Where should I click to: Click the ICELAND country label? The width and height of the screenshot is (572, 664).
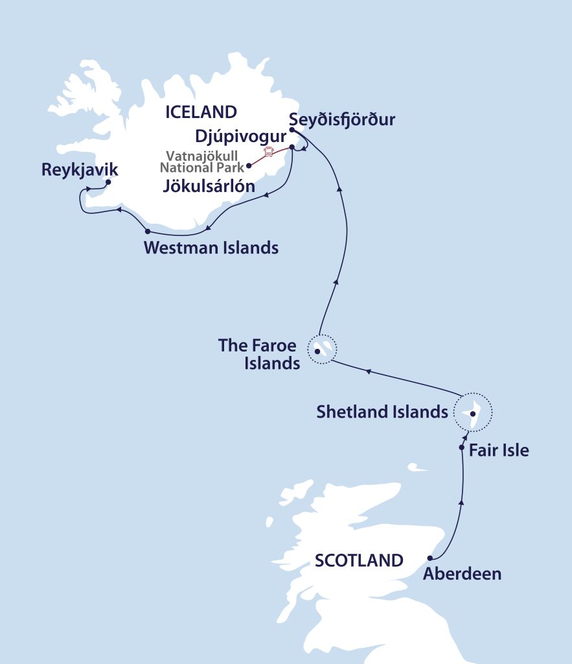[201, 112]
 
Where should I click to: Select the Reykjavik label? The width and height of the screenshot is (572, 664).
[80, 171]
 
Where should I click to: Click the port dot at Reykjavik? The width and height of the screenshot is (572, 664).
[108, 182]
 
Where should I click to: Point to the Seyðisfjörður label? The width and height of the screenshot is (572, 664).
[343, 121]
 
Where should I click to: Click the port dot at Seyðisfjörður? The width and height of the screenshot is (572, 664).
[292, 130]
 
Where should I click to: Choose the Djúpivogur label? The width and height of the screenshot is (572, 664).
[240, 137]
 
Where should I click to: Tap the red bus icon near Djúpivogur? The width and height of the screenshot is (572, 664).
[268, 152]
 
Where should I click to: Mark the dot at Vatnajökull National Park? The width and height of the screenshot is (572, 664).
[249, 165]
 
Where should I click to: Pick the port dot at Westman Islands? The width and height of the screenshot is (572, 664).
[148, 231]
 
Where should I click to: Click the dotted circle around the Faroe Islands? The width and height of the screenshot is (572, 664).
[322, 350]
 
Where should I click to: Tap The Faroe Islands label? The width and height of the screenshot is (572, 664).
[258, 354]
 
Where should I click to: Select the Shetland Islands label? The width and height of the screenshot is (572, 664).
[382, 412]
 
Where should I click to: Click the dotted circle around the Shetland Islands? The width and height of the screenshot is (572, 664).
[473, 412]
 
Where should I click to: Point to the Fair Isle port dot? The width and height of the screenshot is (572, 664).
[461, 447]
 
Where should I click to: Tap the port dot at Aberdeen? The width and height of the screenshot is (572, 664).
[430, 558]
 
